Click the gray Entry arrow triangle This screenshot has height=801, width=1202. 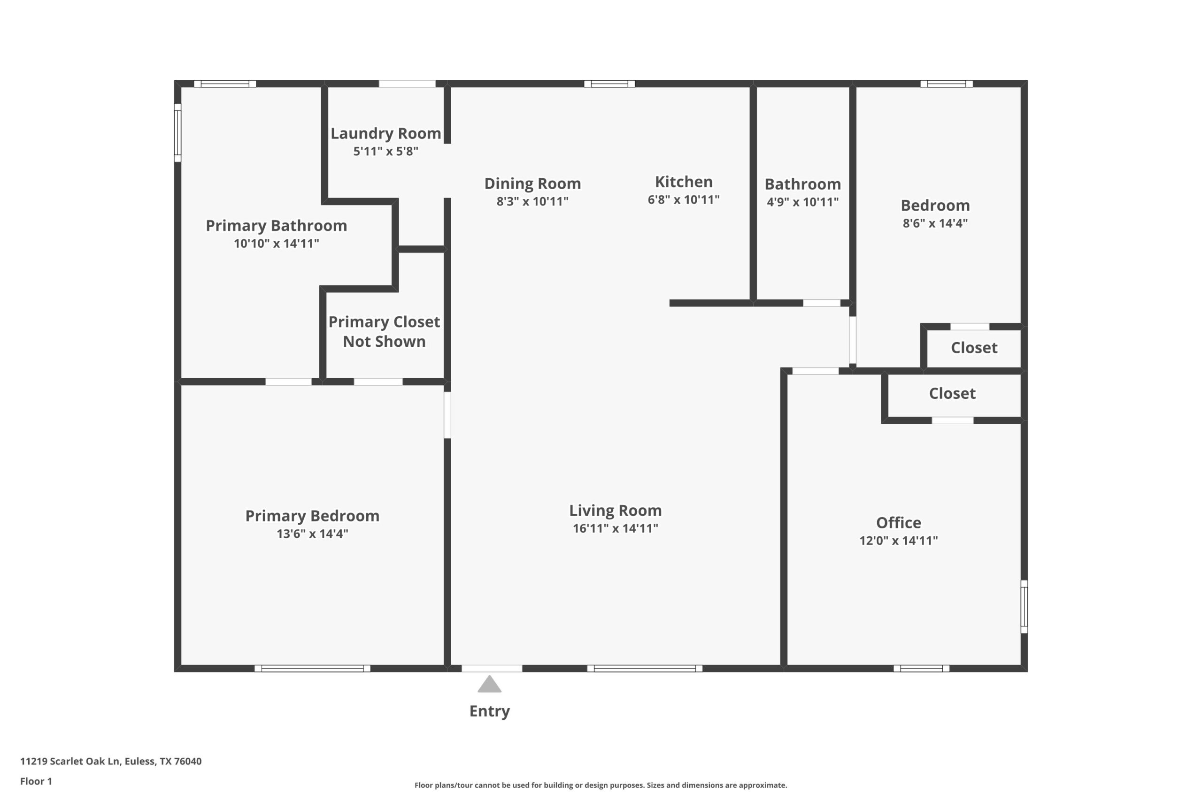point(489,685)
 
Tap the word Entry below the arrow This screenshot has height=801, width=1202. point(489,711)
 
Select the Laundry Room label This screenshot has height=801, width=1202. point(385,133)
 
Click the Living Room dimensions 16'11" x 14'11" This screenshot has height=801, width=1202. point(615,528)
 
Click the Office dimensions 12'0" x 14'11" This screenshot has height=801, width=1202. point(898,541)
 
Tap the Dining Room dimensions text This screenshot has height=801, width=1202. point(532,201)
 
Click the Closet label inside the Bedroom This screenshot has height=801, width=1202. point(973,348)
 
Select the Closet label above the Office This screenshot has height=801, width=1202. point(952,393)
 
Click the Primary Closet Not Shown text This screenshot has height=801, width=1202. point(384,332)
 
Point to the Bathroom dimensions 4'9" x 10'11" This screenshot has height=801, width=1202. point(802,202)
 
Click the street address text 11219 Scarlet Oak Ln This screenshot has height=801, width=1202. point(110,761)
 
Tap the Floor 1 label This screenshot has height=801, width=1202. point(36,781)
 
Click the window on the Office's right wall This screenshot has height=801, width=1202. point(1024,606)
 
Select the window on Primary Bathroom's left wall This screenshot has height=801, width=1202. point(178,133)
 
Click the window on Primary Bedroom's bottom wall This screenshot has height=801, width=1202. point(312,668)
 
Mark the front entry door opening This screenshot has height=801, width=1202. point(492,668)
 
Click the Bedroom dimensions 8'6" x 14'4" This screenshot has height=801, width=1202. point(935,223)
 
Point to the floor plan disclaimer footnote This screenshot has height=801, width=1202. point(601,785)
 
